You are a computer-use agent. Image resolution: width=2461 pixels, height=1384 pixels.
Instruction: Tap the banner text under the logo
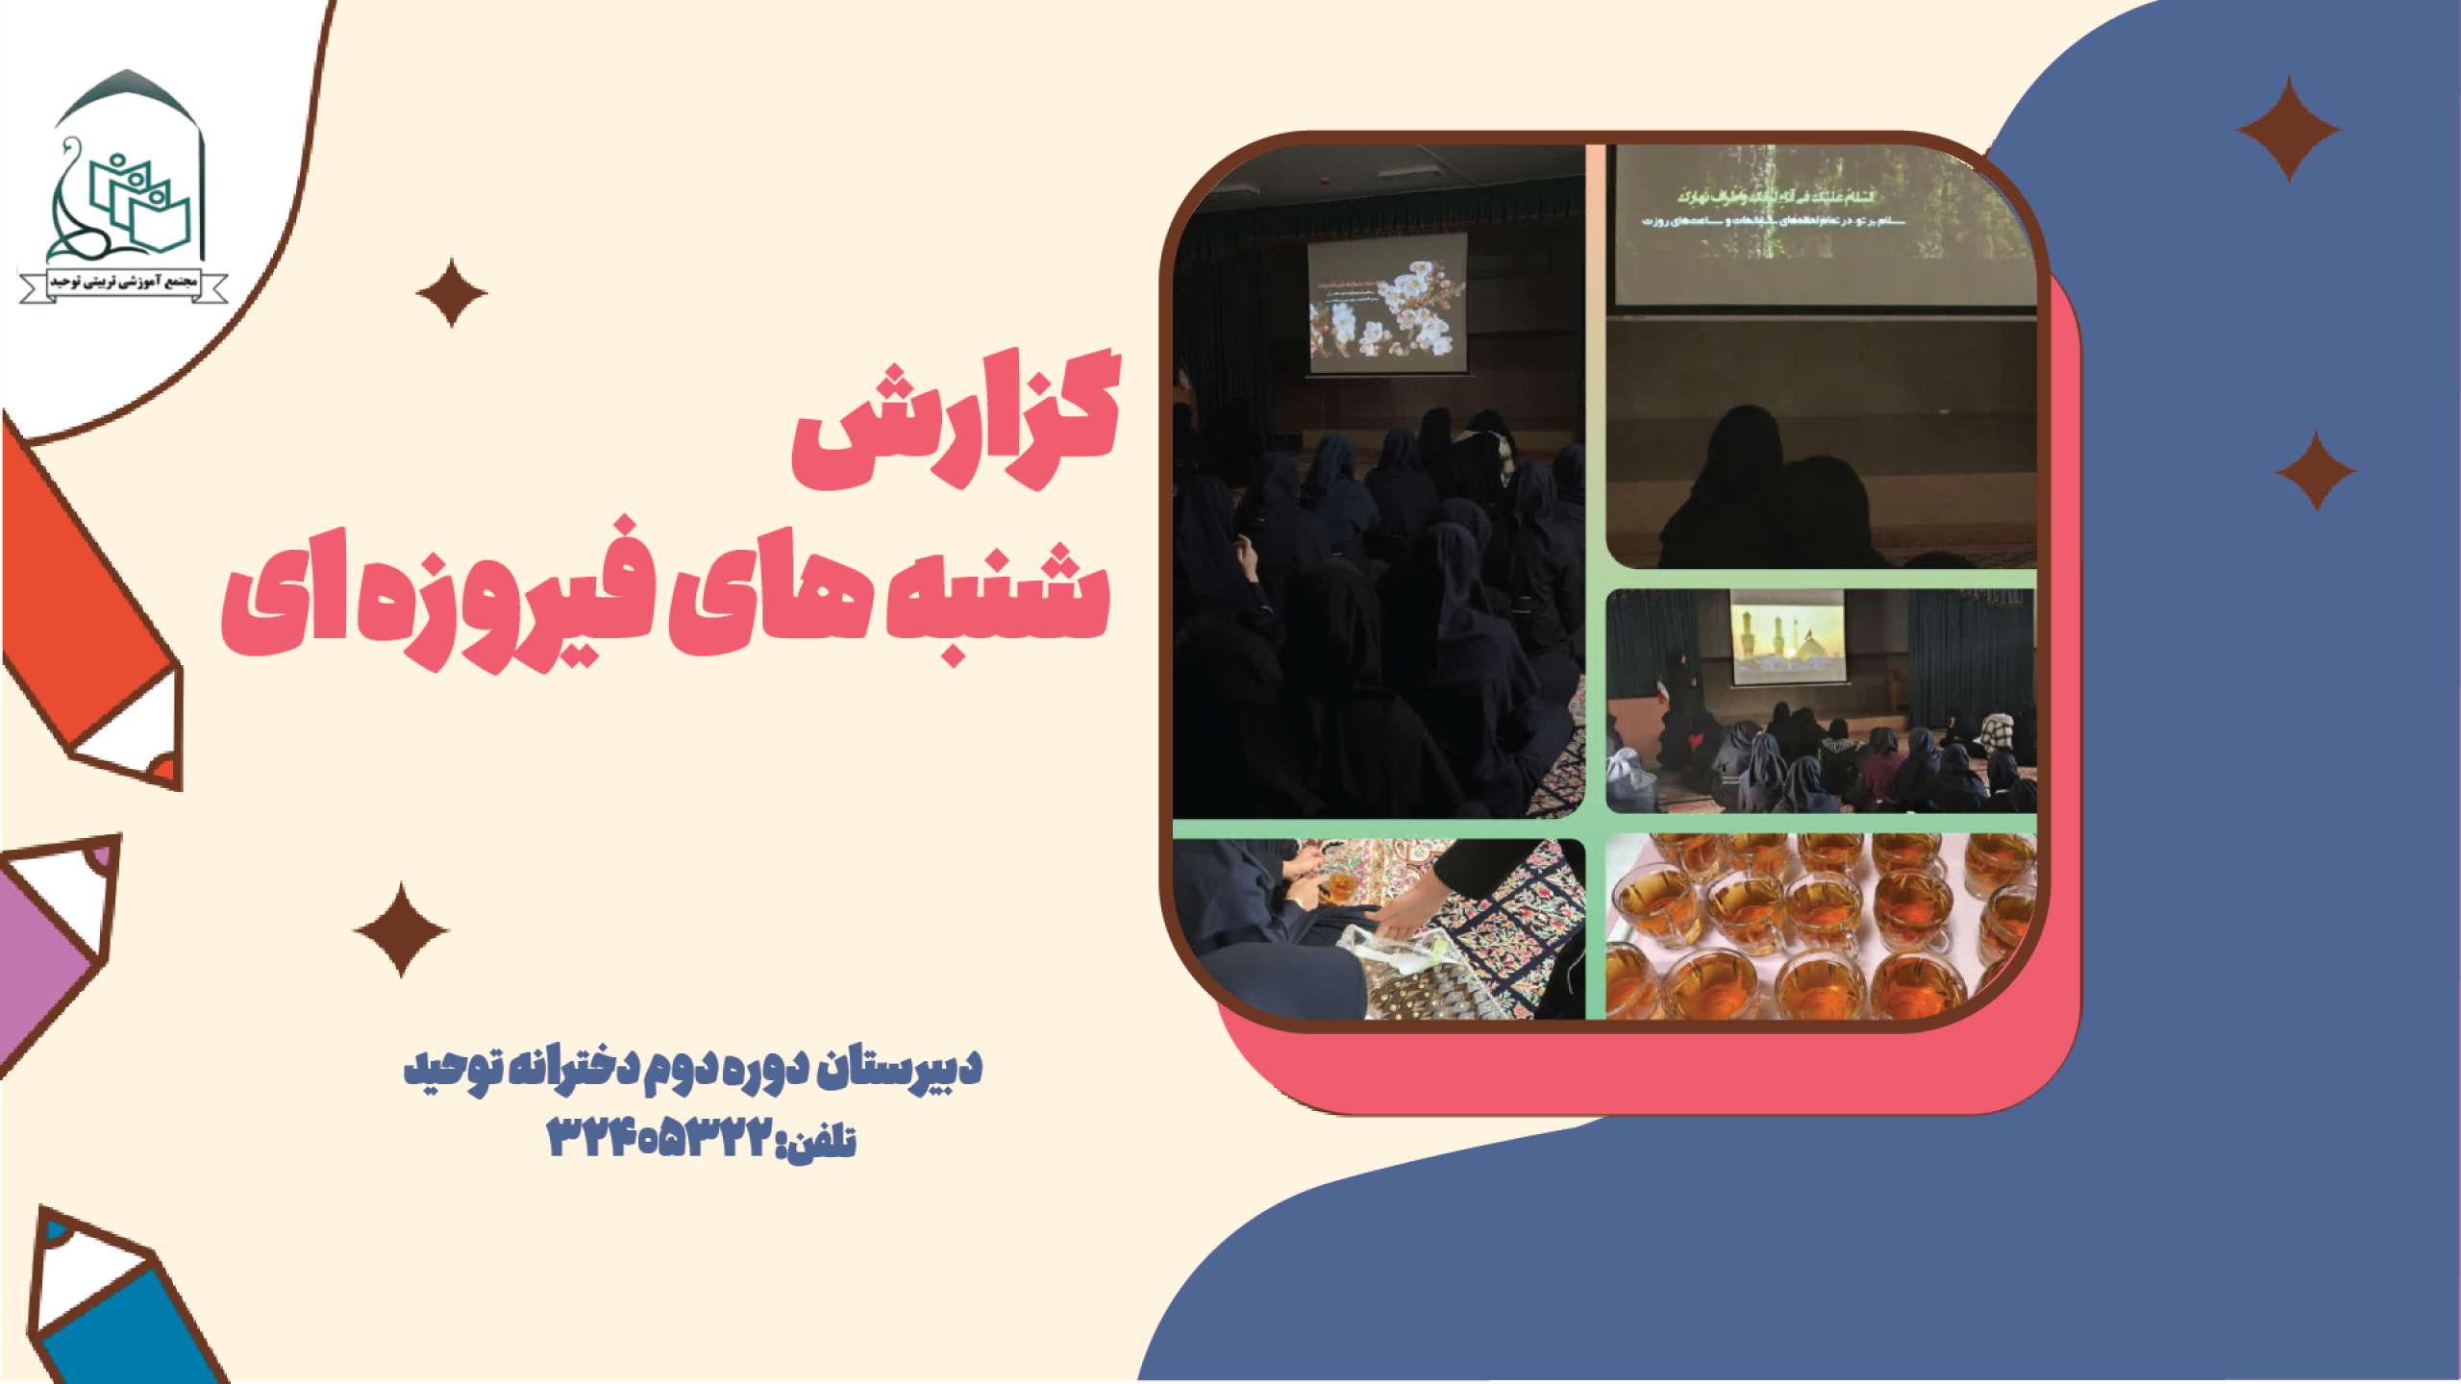124,283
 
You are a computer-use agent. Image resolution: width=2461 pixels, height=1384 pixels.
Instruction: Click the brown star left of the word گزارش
451,292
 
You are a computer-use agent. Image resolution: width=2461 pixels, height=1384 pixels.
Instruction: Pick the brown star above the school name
401,930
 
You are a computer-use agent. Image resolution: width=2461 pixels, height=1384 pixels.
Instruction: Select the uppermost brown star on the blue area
2288,129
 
